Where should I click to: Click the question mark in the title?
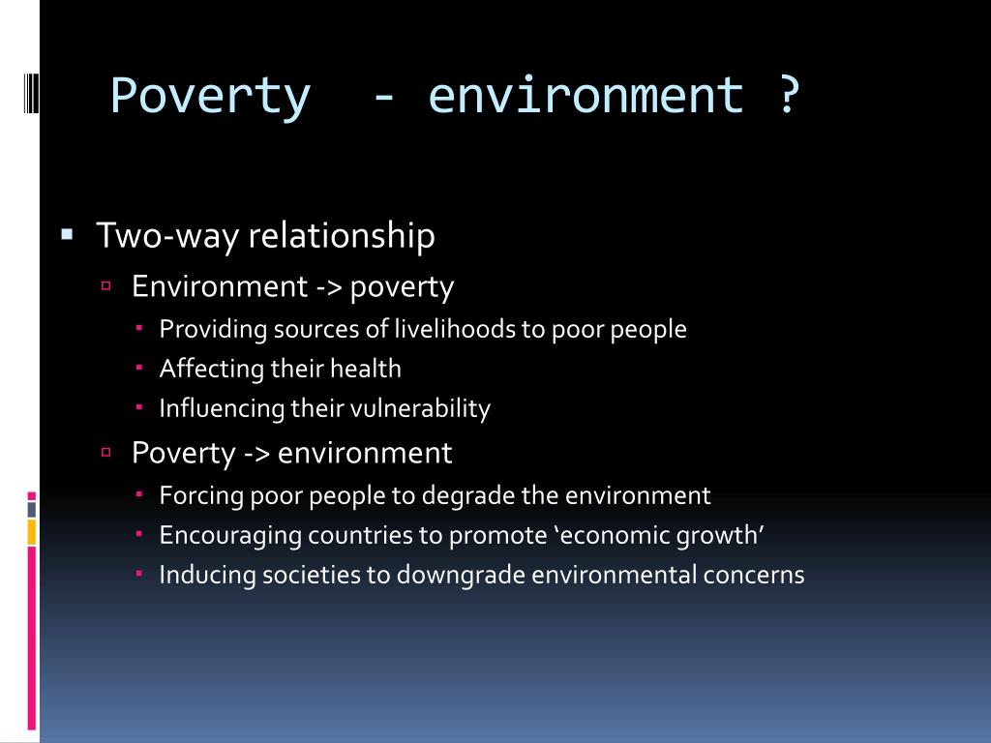pyautogui.click(x=788, y=94)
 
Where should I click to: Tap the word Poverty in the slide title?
pyautogui.click(x=210, y=97)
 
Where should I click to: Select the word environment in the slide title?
pyautogui.click(x=586, y=96)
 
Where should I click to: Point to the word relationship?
pyautogui.click(x=342, y=236)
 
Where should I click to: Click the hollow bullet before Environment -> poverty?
pyautogui.click(x=106, y=286)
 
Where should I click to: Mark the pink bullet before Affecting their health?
pyautogui.click(x=139, y=368)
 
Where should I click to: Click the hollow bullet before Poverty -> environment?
pyautogui.click(x=106, y=452)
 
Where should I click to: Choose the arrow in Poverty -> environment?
pyautogui.click(x=256, y=454)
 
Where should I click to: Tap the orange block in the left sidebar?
pyautogui.click(x=32, y=532)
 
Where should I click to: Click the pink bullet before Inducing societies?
pyautogui.click(x=139, y=574)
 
